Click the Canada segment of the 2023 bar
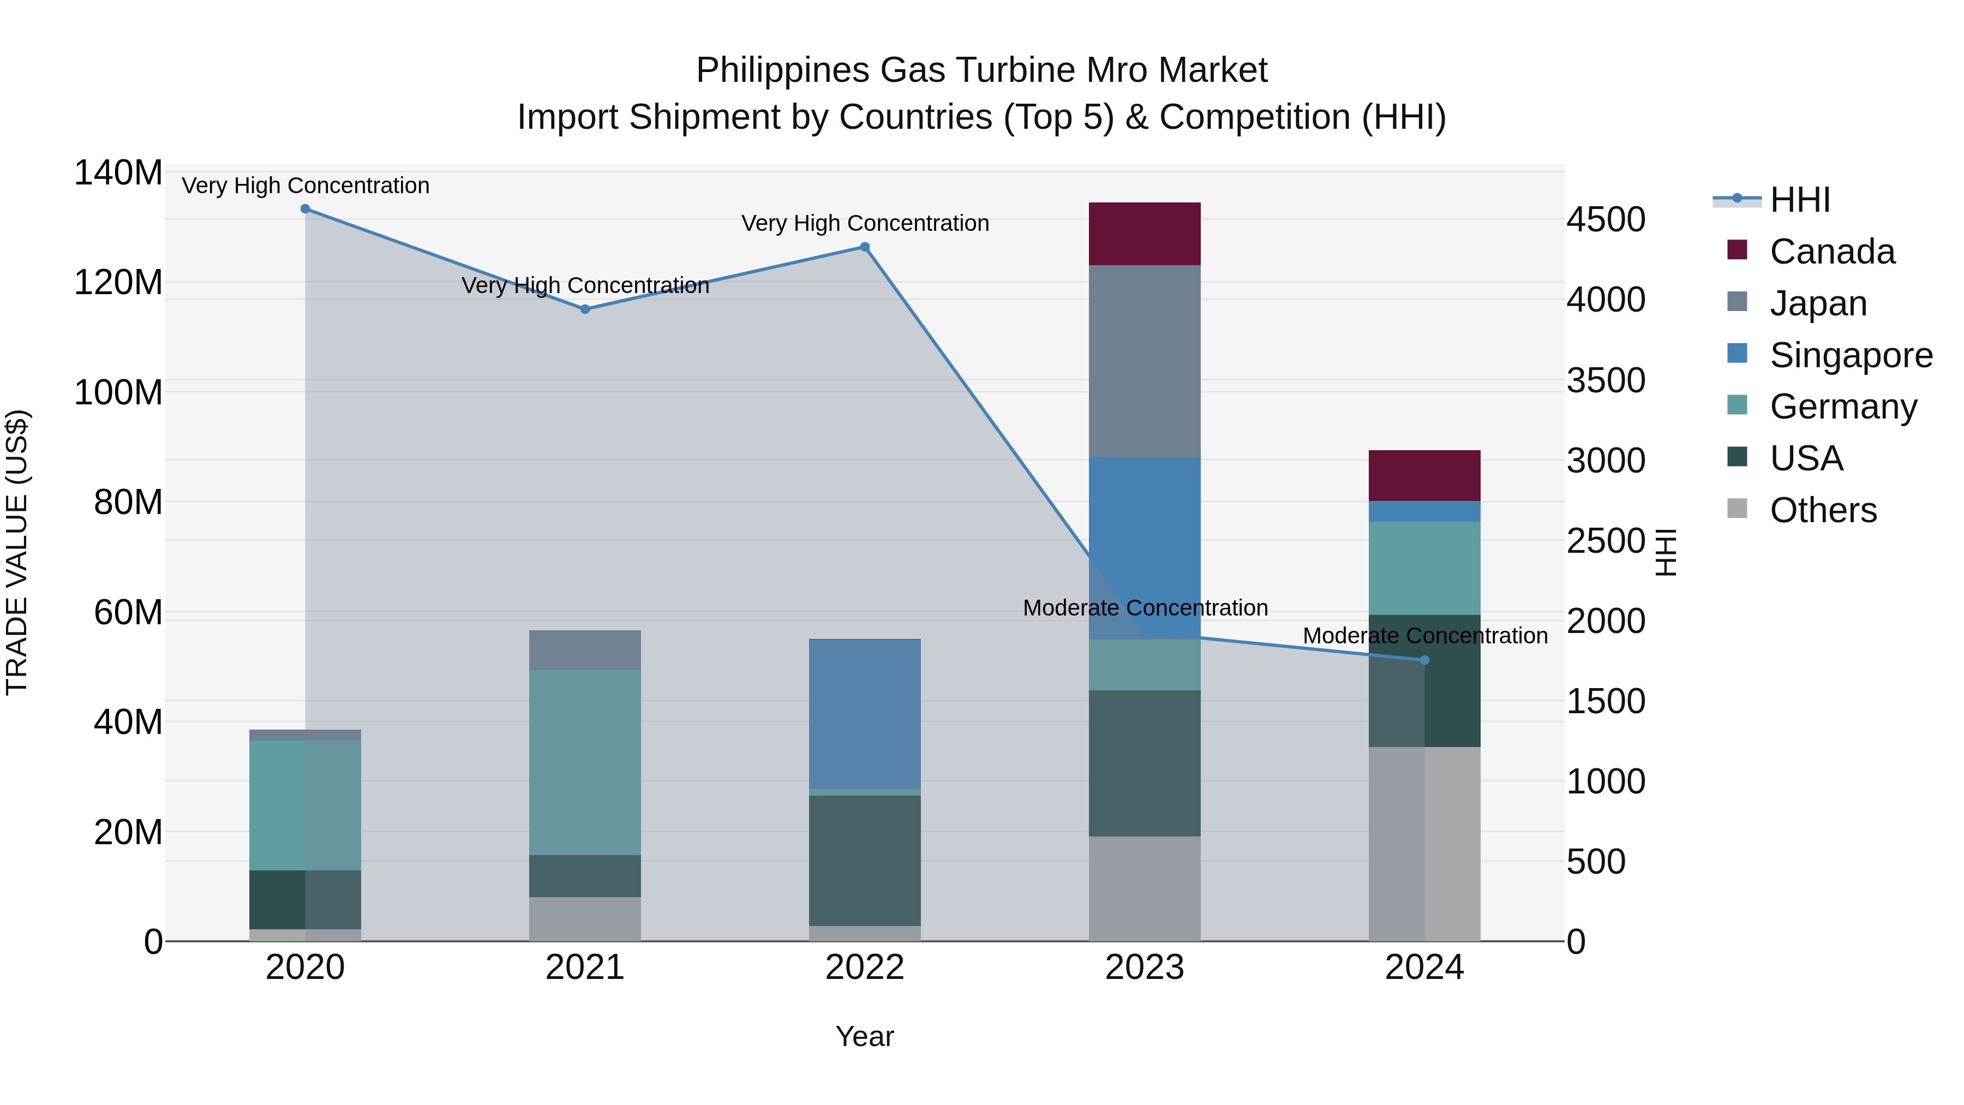(1145, 234)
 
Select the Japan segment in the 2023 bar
(1145, 361)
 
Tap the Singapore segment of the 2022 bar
(865, 714)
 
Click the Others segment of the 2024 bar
(1424, 844)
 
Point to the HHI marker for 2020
(305, 209)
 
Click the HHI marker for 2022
(865, 247)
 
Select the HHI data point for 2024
(1424, 660)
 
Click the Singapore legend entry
(1851, 355)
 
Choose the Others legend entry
(1822, 510)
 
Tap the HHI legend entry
(1799, 200)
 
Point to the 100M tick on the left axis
(118, 393)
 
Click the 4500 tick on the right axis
(1606, 219)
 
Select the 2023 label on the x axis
(1145, 967)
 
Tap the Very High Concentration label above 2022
(865, 223)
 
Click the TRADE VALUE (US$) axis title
(17, 552)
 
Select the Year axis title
(865, 1036)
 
